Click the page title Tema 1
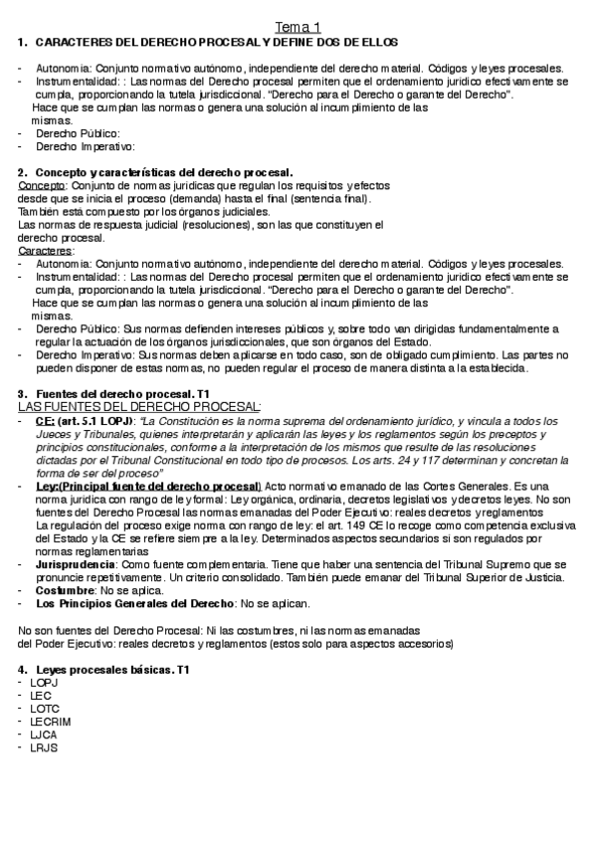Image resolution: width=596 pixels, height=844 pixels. pyautogui.click(x=298, y=27)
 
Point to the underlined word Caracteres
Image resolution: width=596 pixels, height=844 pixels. pyautogui.click(x=45, y=251)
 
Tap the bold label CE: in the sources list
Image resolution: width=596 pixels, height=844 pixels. pyautogui.click(x=44, y=421)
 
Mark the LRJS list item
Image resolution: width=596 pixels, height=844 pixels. pyautogui.click(x=45, y=746)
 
